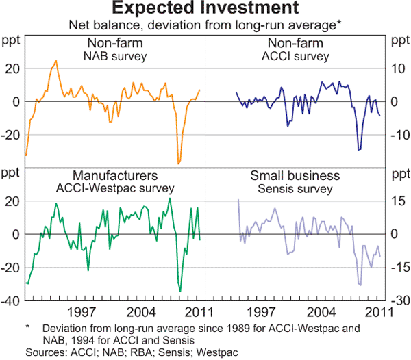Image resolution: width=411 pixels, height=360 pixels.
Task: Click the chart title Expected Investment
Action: click(205, 9)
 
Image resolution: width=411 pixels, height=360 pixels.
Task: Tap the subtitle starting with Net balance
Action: click(205, 25)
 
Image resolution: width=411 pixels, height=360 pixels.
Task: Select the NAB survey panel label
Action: click(114, 55)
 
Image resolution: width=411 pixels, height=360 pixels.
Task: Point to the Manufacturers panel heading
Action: click(114, 175)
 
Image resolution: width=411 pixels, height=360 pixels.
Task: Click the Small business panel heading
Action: click(295, 175)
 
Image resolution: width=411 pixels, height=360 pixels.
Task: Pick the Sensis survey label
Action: click(295, 188)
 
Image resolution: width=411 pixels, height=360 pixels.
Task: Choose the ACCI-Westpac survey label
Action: click(114, 188)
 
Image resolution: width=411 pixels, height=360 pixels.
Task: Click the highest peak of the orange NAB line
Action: click(56, 60)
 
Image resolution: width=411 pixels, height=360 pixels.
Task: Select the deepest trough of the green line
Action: click(180, 291)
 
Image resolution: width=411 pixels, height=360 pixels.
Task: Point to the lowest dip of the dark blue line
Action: click(358, 149)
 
